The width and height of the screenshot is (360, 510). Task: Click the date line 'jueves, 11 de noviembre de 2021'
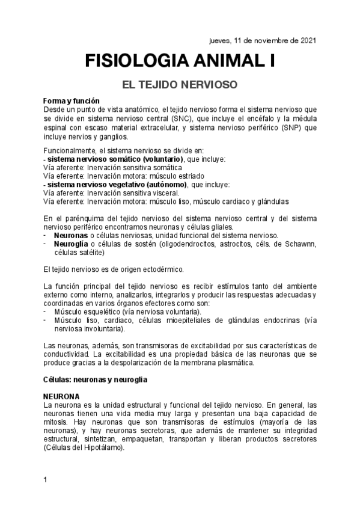[259, 41]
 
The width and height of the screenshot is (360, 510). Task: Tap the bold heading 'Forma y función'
[72, 100]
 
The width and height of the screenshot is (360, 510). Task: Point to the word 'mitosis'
[57, 423]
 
